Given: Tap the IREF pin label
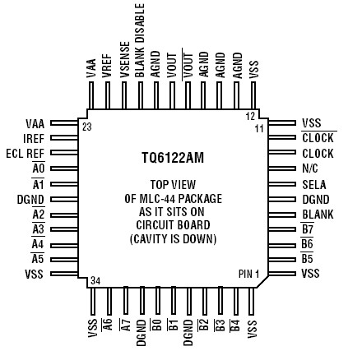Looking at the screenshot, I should coord(34,138).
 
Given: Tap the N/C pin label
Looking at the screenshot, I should coord(311,168).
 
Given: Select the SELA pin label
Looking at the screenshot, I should coord(314,184).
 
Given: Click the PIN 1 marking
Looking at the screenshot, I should coord(248,273).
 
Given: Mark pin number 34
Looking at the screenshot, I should coord(96,280).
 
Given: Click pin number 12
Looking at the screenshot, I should coord(250,116).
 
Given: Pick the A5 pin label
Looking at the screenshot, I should coord(38,259).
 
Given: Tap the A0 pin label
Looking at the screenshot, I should coord(38,168).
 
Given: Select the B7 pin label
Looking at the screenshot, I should coord(308,228).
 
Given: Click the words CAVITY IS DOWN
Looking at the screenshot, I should coord(173,239).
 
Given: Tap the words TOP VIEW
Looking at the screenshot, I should coord(173,184).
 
